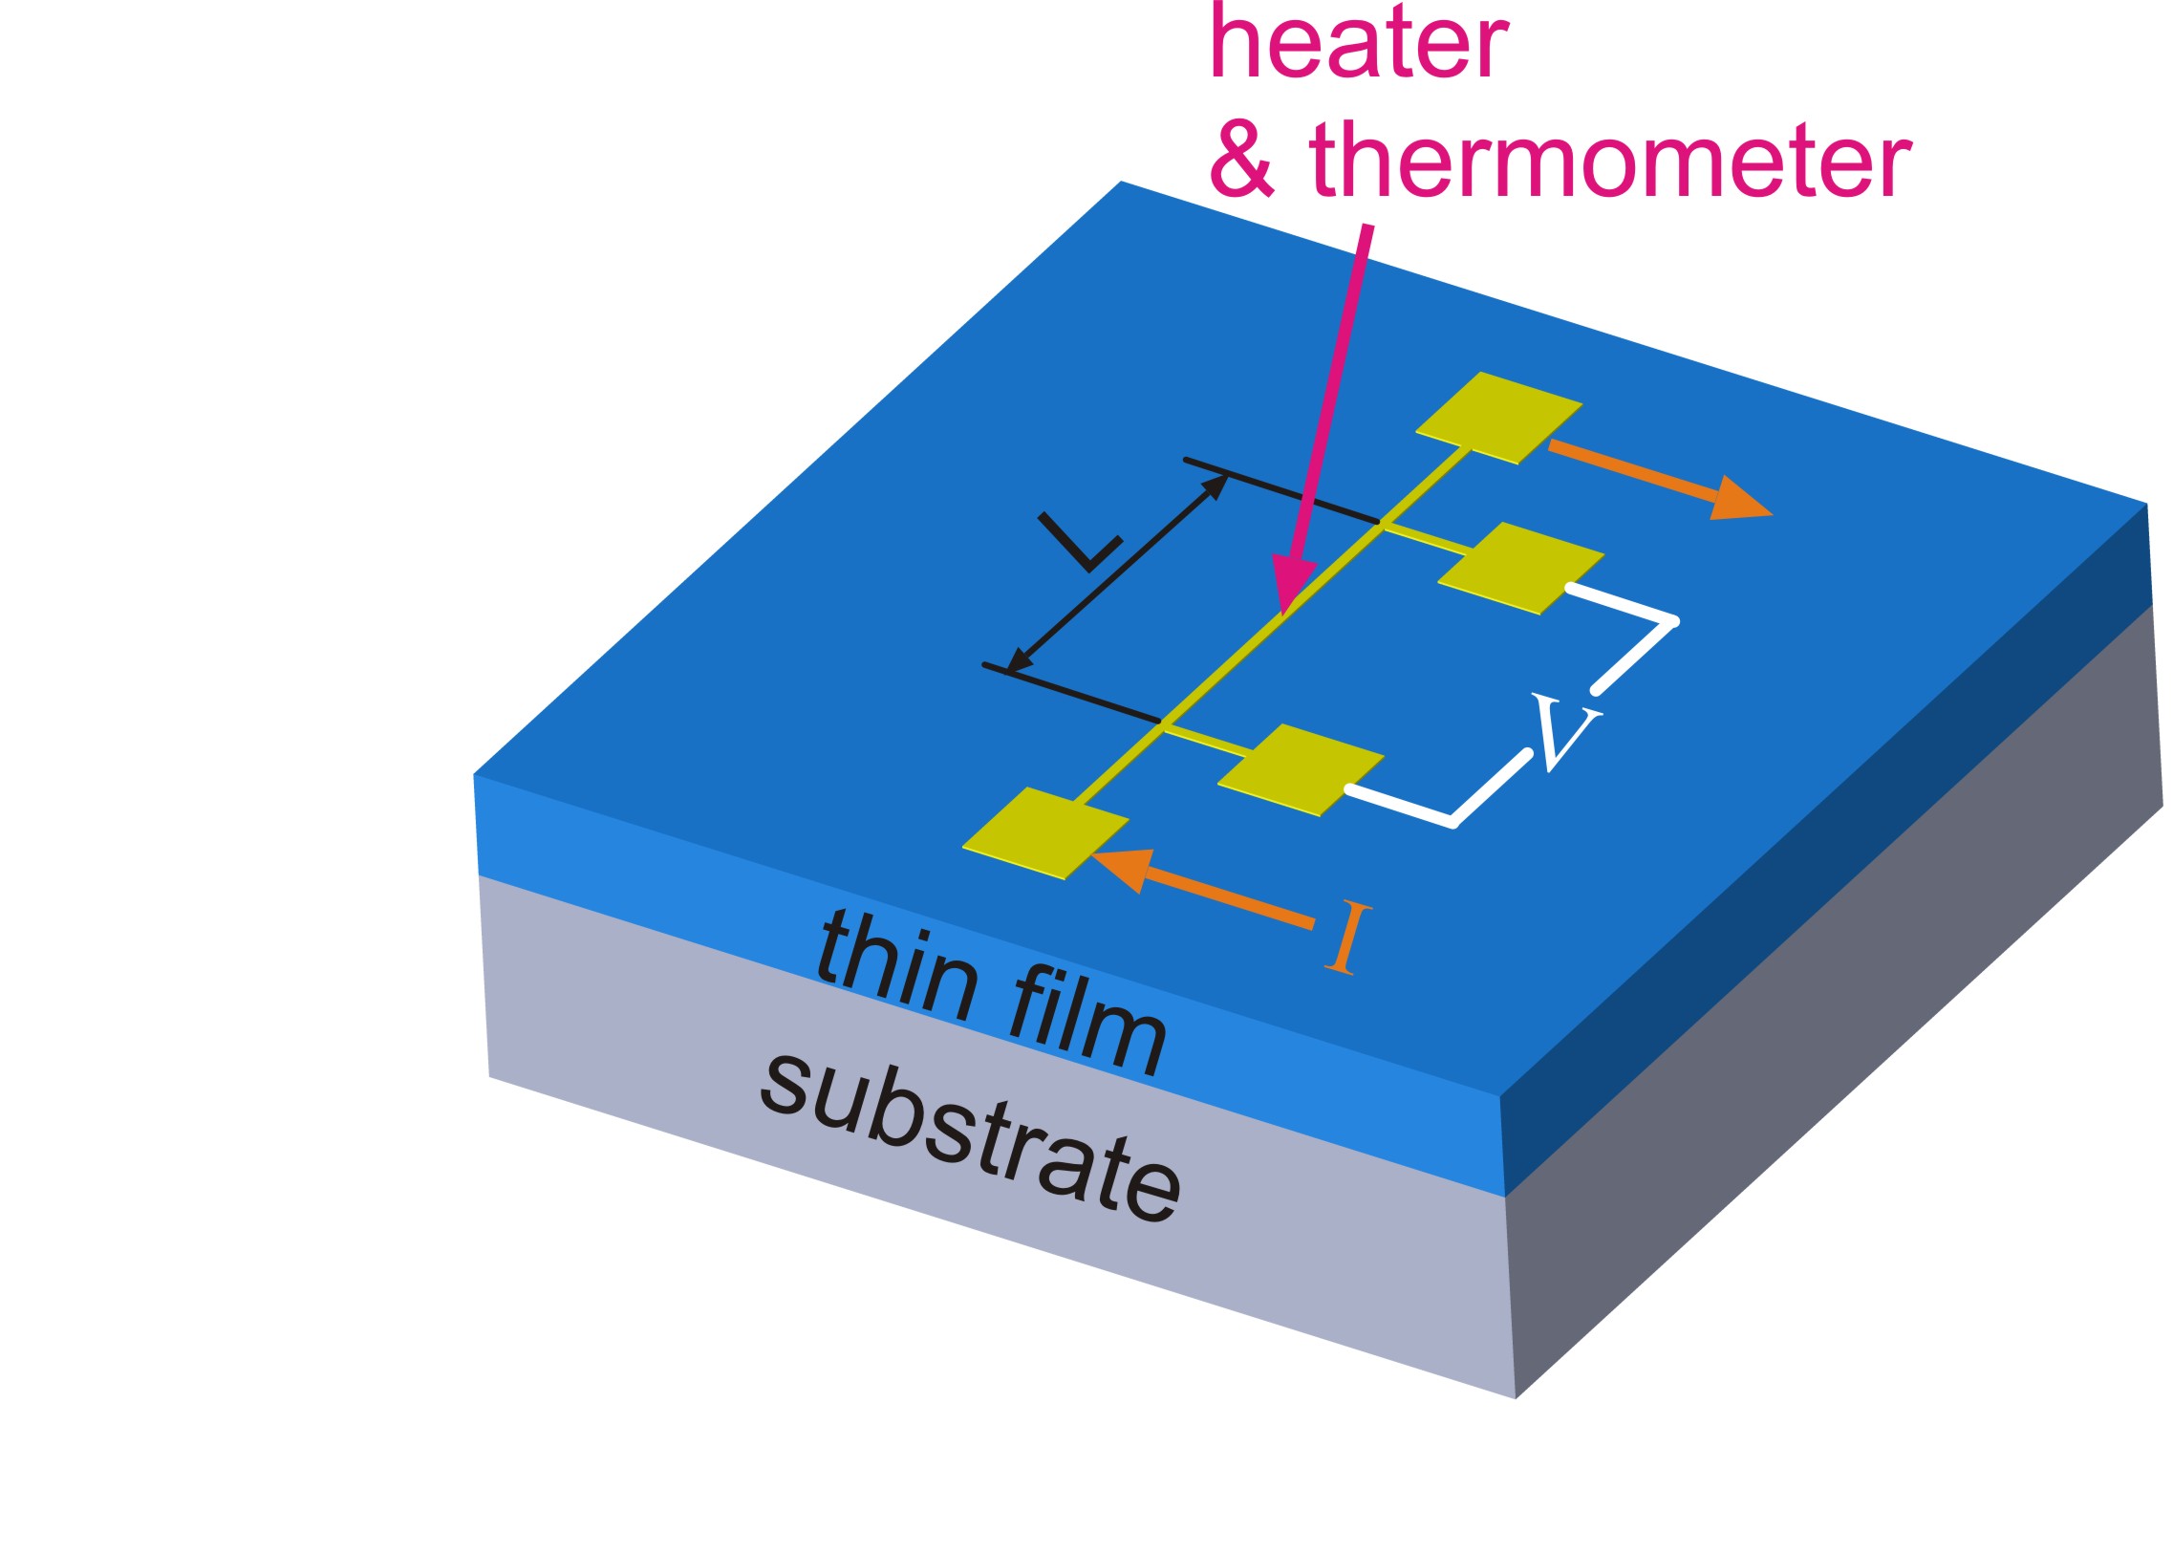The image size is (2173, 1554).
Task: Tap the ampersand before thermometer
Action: [x=1242, y=159]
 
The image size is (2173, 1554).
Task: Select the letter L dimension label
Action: [x=1080, y=543]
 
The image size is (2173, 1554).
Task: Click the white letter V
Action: [x=1565, y=732]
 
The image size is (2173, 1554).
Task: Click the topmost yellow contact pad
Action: [x=1497, y=419]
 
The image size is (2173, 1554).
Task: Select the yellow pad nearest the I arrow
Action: [x=1044, y=832]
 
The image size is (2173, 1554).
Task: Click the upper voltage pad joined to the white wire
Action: [x=1520, y=568]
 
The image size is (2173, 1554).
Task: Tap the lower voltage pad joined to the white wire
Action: [x=1301, y=769]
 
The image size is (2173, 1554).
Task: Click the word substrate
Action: [x=970, y=1138]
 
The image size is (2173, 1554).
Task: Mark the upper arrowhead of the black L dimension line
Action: [x=1216, y=486]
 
